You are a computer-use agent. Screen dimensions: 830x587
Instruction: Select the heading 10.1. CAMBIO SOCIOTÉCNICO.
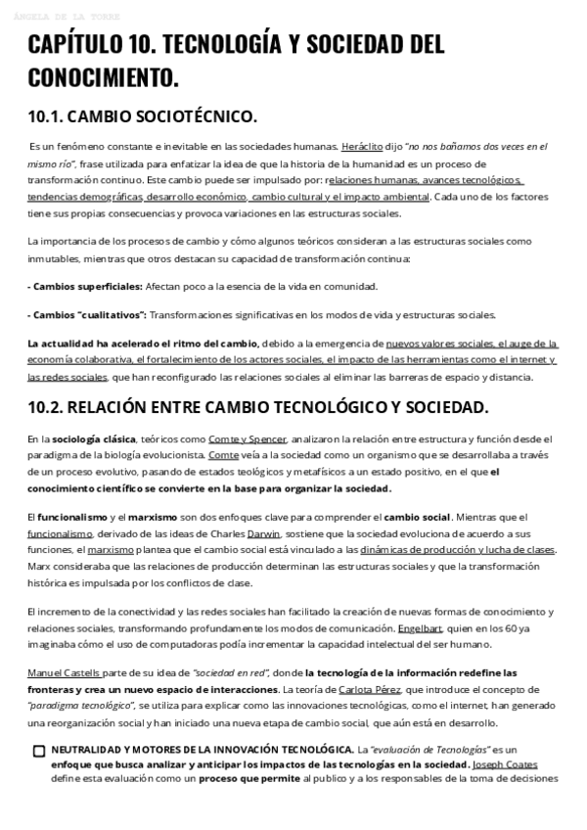tap(142, 116)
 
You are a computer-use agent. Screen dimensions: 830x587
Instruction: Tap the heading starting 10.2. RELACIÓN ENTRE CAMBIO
tap(258, 405)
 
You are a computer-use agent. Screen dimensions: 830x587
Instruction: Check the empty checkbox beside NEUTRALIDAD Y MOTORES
tap(39, 751)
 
